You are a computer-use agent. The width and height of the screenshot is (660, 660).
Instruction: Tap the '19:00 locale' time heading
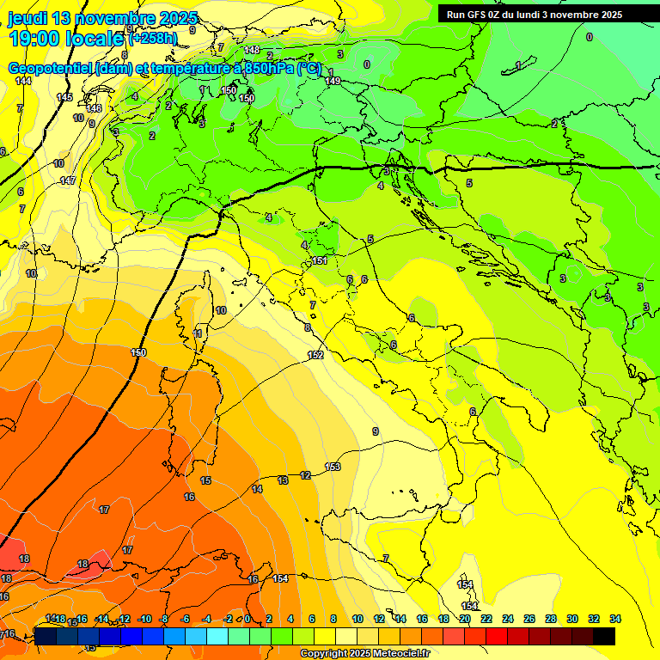(x=67, y=38)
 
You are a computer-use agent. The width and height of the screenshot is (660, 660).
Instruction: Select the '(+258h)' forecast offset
(x=153, y=39)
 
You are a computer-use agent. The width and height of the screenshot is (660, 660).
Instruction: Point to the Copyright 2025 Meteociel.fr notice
(x=364, y=653)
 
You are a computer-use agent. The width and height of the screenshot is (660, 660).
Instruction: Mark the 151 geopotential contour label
(x=319, y=260)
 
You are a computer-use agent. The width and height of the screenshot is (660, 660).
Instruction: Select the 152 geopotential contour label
(x=315, y=355)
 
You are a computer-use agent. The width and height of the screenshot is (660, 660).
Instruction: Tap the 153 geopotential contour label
(x=333, y=467)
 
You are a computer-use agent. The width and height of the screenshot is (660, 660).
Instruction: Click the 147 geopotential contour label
(x=68, y=180)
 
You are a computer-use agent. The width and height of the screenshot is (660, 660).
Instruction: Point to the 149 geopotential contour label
(x=333, y=81)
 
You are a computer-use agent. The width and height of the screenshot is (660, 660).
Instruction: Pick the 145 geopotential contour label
(x=65, y=97)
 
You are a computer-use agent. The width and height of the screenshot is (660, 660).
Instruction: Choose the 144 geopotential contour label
(x=23, y=81)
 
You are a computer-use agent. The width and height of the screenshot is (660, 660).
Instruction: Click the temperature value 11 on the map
(x=199, y=333)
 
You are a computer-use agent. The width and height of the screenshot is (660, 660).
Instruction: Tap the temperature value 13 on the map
(x=283, y=480)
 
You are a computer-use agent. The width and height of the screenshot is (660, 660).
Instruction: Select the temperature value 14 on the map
(x=256, y=488)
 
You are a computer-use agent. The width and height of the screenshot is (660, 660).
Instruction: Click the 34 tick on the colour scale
(x=614, y=619)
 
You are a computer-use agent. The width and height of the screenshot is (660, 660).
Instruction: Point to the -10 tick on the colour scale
(x=144, y=619)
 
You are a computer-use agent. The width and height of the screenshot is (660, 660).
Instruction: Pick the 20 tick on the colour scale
(x=465, y=619)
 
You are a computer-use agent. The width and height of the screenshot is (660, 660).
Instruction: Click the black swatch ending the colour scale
(x=603, y=636)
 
